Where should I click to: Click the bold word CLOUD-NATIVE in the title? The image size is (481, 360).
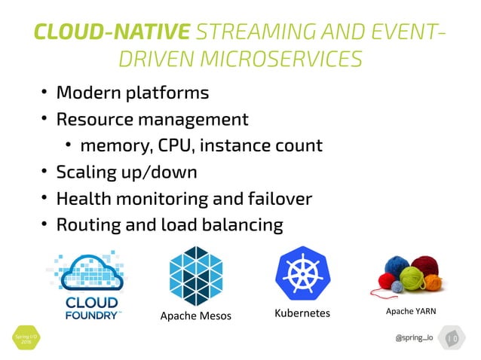click(112, 32)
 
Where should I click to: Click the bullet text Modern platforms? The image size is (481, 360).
click(132, 93)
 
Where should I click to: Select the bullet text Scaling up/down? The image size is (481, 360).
click(127, 172)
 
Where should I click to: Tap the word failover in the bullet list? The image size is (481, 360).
click(280, 198)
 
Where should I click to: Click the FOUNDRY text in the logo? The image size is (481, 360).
click(89, 315)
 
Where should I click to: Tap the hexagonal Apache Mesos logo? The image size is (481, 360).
click(196, 275)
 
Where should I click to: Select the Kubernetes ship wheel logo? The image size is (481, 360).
click(302, 275)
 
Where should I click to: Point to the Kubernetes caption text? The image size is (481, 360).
click(302, 313)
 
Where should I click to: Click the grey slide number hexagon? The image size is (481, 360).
click(452, 338)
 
